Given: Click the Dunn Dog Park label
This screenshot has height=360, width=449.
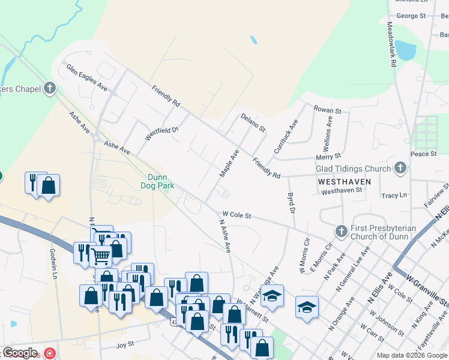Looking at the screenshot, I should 161,181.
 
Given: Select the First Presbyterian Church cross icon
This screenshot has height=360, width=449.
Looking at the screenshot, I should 341,231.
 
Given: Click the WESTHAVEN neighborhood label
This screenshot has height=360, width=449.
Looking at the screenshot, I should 345,181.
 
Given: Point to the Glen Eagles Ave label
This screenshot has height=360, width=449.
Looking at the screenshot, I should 86,77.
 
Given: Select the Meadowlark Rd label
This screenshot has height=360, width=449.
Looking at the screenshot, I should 391,44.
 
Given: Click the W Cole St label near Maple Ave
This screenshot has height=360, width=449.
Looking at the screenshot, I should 237,214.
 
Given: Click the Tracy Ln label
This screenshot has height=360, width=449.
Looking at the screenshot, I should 394,196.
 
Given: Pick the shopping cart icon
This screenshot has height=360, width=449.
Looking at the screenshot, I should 100,256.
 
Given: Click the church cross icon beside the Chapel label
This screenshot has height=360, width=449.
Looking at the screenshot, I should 50,89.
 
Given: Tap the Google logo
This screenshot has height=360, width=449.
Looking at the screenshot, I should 20,353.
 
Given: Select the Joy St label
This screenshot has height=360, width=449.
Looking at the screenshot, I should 124,345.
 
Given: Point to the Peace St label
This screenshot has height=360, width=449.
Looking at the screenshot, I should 424,154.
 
